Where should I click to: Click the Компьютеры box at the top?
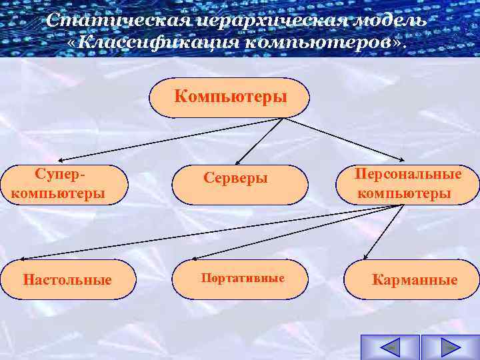point(230,97)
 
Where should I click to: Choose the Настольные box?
point(67,279)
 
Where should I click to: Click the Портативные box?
point(240,278)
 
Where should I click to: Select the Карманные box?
point(413,279)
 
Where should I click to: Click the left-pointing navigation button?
point(389,347)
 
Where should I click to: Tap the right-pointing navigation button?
point(450,347)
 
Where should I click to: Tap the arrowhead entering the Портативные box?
point(193,258)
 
